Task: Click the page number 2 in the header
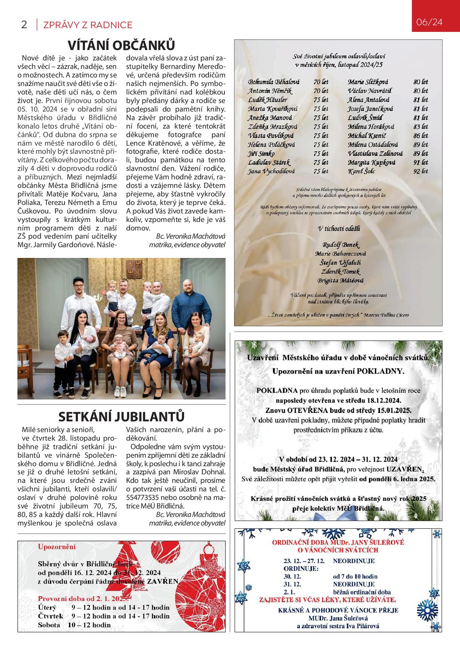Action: click(x=24, y=25)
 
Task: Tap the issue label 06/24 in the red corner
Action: click(x=429, y=22)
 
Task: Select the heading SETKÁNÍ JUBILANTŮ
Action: click(x=121, y=417)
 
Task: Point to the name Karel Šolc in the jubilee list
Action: click(x=361, y=172)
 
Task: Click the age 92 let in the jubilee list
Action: click(x=421, y=172)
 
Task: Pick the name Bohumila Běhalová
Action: click(x=274, y=82)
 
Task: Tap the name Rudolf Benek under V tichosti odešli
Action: click(x=341, y=245)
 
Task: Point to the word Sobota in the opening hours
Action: click(x=49, y=625)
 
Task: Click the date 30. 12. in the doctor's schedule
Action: click(x=292, y=576)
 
